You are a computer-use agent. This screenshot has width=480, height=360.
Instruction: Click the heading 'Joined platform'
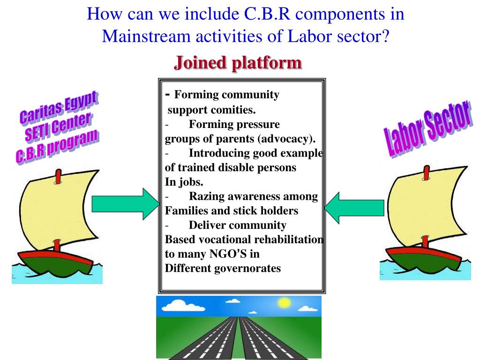[238, 62]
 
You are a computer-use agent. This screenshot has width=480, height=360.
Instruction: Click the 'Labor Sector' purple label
[427, 128]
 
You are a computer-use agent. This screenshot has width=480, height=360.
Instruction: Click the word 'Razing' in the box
[204, 196]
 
